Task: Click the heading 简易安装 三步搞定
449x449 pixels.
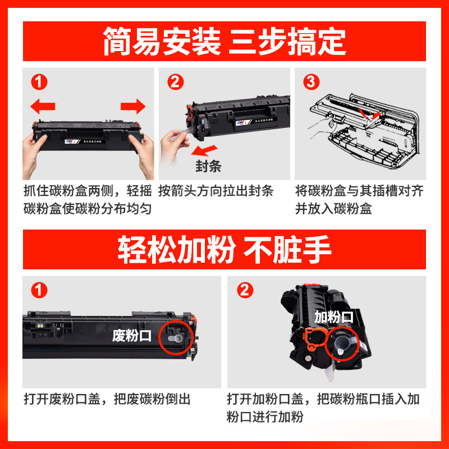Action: tap(224, 42)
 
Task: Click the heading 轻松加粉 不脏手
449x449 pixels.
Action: tap(224, 250)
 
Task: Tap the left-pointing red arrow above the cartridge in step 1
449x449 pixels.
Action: tap(43, 106)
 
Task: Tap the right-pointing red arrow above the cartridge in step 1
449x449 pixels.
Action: tap(133, 106)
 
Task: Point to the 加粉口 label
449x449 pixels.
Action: tap(333, 317)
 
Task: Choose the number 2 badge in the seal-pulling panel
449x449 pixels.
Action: tap(176, 83)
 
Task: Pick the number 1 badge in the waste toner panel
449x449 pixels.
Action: tap(38, 290)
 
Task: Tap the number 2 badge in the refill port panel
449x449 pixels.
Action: tap(245, 290)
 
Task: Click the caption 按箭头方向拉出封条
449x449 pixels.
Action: tap(216, 191)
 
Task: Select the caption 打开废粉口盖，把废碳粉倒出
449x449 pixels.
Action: tap(107, 399)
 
